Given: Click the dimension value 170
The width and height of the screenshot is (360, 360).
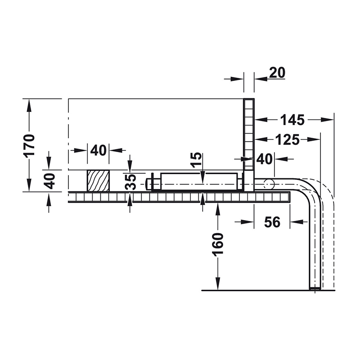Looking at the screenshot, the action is click(x=29, y=145).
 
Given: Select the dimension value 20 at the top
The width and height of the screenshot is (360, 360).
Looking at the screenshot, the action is click(x=277, y=73).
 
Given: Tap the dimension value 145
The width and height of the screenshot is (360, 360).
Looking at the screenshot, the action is click(x=293, y=120).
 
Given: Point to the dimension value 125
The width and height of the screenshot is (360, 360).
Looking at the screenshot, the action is click(x=288, y=139).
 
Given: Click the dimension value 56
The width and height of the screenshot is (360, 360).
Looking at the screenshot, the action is click(x=272, y=222).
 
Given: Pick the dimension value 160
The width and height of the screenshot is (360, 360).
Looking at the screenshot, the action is click(x=218, y=244).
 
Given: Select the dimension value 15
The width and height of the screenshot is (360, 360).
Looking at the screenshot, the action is click(x=197, y=160).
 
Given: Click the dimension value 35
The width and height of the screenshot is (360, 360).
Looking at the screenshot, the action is click(x=130, y=182).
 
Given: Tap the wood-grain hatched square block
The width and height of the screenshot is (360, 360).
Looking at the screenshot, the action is click(x=98, y=181).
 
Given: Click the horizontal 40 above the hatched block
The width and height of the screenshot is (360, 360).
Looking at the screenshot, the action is click(x=98, y=150).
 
